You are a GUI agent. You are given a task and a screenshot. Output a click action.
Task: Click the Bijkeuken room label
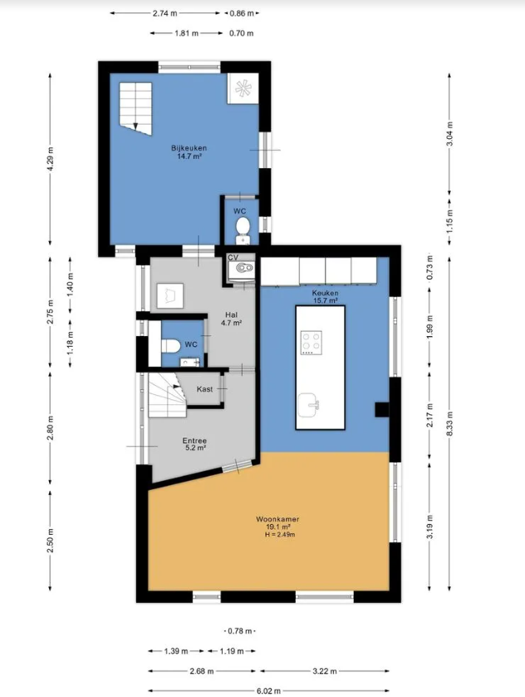point(189,148)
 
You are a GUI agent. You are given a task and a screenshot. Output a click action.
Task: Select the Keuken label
point(325,293)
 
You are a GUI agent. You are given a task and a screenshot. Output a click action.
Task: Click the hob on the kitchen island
point(311,343)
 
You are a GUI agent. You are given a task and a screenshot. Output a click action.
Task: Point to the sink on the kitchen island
point(309,405)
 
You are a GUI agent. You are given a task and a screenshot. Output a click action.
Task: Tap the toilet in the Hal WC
point(170,345)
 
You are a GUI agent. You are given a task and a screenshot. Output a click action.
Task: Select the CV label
point(233,257)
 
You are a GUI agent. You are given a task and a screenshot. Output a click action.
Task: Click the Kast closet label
point(204,389)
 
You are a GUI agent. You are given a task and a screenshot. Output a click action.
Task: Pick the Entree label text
point(194,441)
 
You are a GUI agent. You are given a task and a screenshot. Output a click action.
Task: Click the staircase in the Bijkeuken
point(135,109)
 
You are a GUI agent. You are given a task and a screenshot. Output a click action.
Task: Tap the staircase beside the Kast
point(167,395)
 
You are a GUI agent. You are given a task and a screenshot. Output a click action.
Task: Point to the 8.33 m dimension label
point(449,423)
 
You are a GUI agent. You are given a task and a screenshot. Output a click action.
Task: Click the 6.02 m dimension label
point(268,691)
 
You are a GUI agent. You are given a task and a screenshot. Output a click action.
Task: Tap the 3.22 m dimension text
point(325,670)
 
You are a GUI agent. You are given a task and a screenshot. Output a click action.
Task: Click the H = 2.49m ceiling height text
point(280,535)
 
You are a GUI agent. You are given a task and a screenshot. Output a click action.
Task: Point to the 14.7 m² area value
point(189,156)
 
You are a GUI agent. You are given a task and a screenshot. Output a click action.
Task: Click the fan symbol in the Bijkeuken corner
point(243,88)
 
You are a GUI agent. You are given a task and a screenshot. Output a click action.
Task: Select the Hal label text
point(231,314)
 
